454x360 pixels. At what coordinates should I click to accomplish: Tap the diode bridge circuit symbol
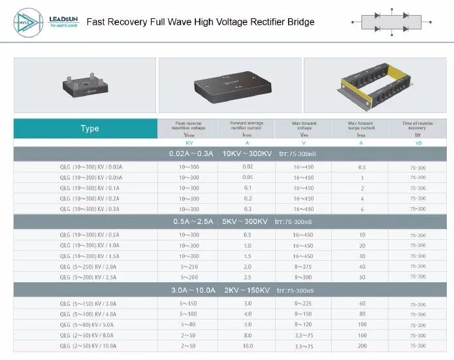(x=390, y=22)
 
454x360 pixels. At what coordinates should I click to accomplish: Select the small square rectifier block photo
(x=85, y=86)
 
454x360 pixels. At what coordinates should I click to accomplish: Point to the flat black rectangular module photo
(x=230, y=86)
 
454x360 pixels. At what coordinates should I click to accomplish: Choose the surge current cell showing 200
(x=361, y=346)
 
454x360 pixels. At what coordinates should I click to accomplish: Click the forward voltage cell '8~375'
(x=303, y=267)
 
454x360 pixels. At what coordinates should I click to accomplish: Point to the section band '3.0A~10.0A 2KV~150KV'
(x=233, y=290)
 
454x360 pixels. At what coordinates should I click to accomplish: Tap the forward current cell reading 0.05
(x=248, y=177)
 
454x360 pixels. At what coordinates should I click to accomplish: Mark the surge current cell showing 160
(x=361, y=335)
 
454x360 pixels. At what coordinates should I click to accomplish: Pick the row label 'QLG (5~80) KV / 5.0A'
(x=86, y=325)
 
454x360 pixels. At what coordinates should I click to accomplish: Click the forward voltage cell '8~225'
(x=303, y=304)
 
